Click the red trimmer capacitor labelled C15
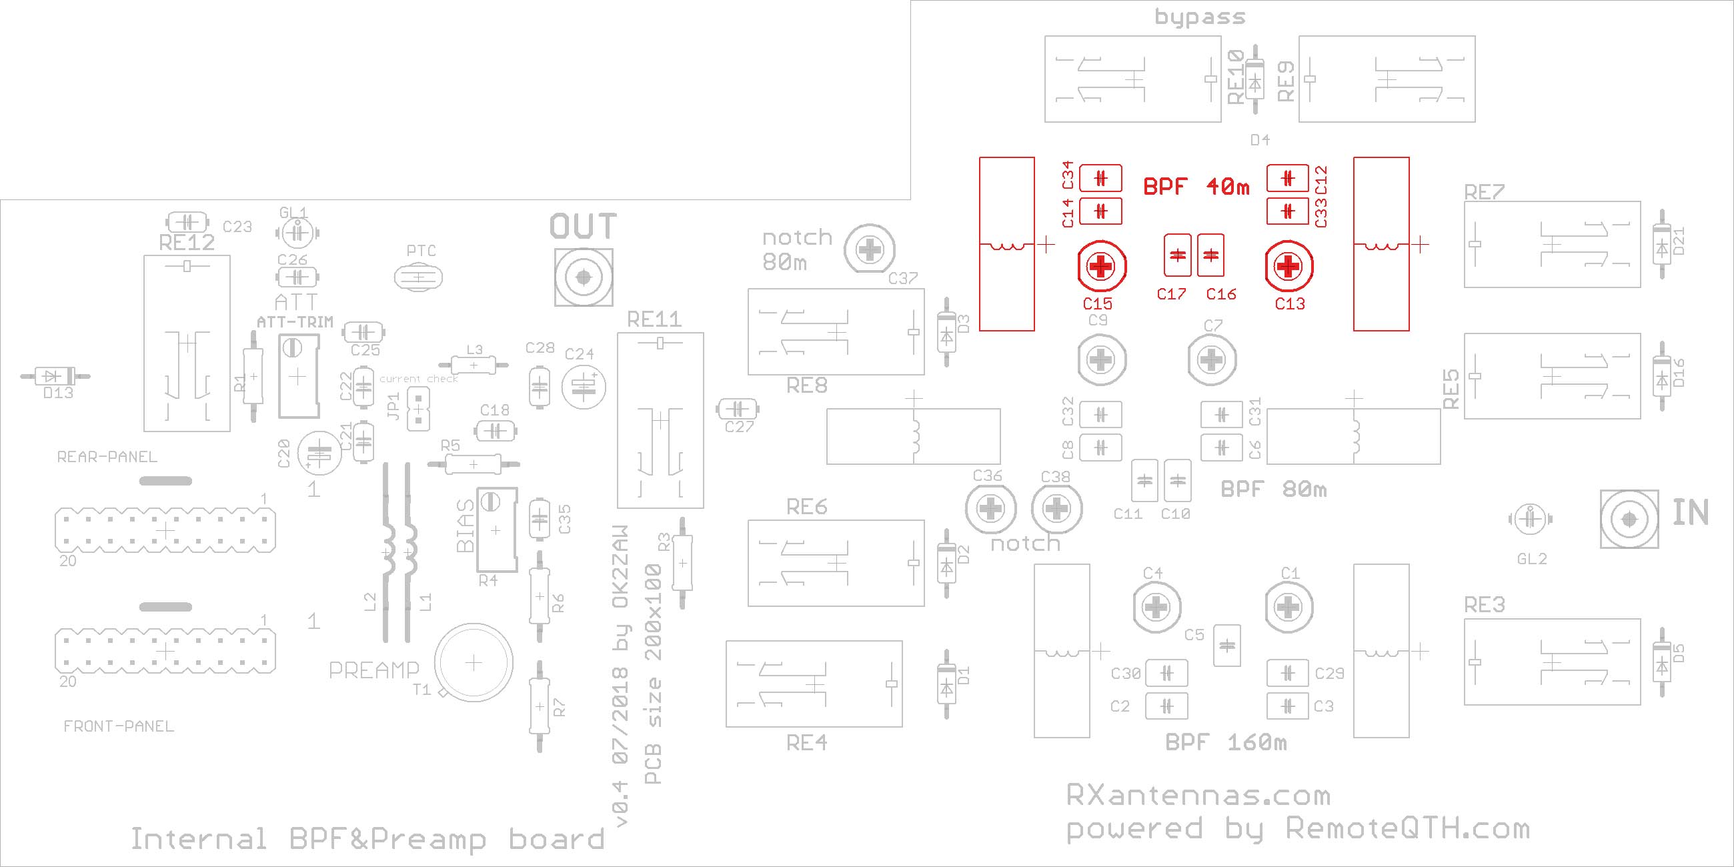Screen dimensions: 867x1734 (1101, 267)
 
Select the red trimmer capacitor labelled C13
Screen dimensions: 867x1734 (1289, 267)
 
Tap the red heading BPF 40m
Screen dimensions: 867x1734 (1196, 186)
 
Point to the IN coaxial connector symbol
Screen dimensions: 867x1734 (1629, 519)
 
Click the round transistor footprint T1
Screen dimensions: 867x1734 (474, 663)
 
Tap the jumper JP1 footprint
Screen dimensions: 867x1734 (419, 408)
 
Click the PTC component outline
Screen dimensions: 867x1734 (418, 277)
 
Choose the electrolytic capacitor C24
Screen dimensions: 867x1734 (583, 386)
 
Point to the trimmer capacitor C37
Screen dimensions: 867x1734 (870, 249)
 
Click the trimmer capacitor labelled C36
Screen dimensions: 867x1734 (990, 509)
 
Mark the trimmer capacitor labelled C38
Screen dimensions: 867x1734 (1056, 509)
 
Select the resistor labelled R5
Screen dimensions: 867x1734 (473, 464)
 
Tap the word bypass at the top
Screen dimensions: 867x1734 (1200, 17)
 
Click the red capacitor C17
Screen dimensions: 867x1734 (1177, 255)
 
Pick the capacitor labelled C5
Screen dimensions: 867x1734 (1226, 646)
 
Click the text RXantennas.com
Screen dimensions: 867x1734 (1198, 796)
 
